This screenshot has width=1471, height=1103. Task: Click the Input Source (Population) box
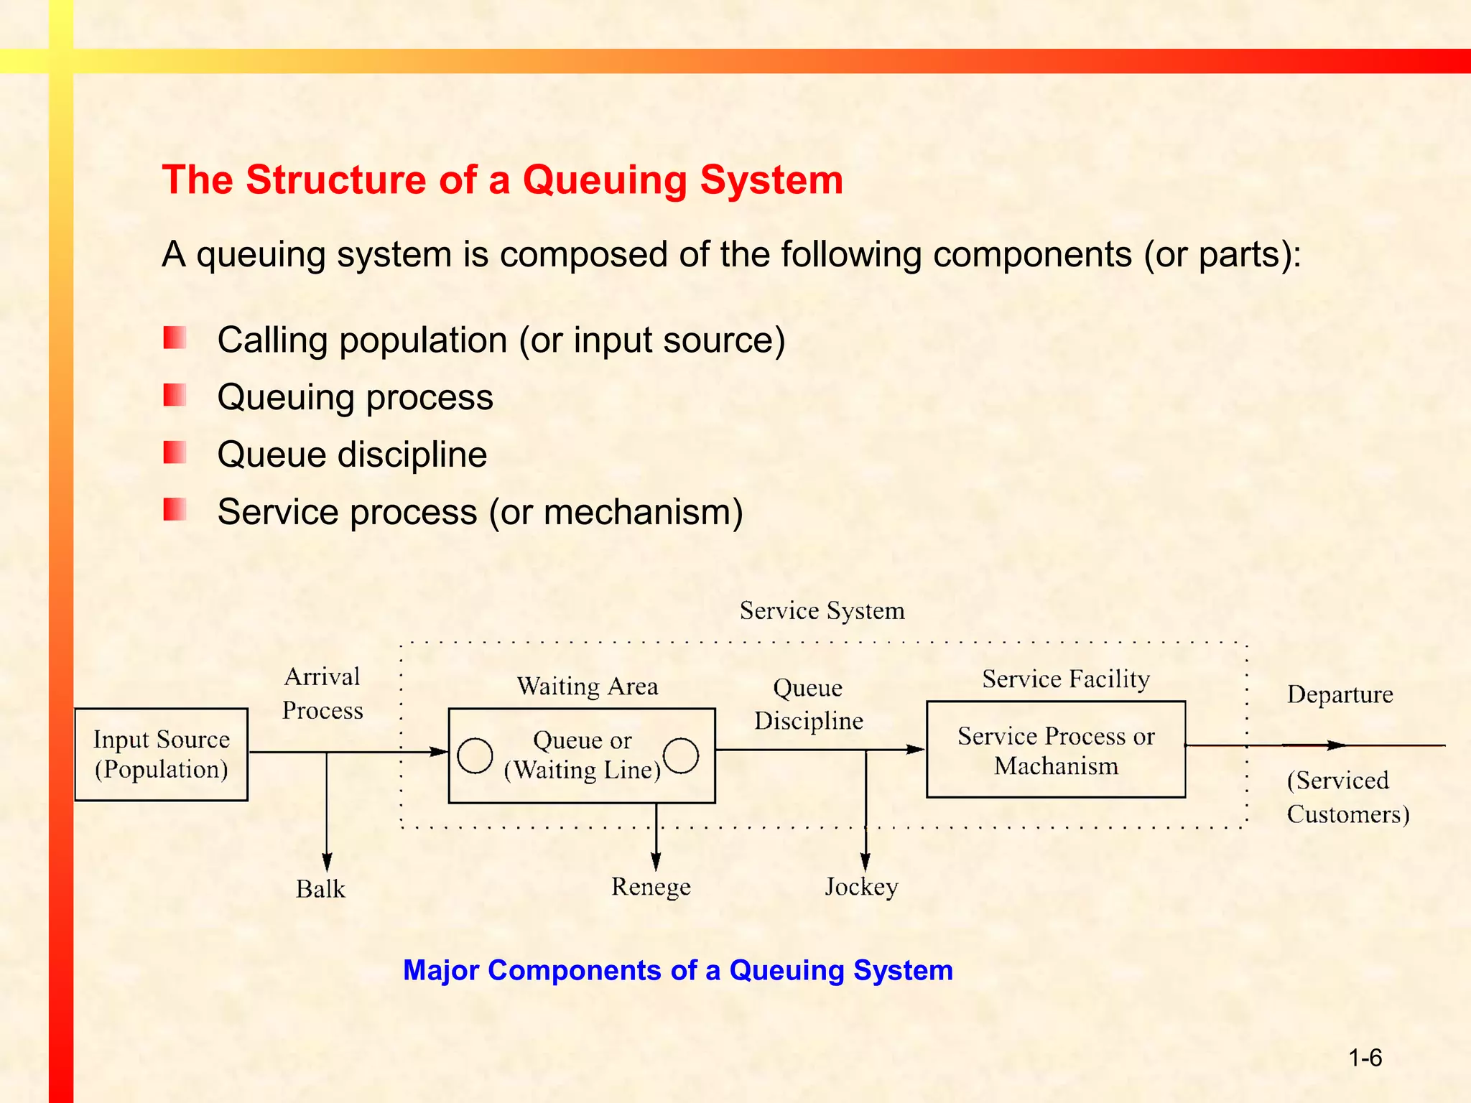[x=161, y=754]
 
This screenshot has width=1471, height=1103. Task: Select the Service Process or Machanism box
[x=1055, y=750]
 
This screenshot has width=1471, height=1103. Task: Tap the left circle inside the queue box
[x=475, y=755]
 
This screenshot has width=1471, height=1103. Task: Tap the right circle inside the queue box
[x=681, y=755]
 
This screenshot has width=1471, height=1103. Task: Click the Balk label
[x=320, y=889]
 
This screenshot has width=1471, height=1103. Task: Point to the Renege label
[x=651, y=887]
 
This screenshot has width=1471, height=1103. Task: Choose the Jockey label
[x=861, y=887]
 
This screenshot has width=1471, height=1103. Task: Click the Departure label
[x=1340, y=694]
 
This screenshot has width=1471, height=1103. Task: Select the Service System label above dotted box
[x=822, y=610]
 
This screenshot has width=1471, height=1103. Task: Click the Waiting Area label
[x=587, y=687]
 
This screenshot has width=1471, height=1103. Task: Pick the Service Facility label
[x=1066, y=679]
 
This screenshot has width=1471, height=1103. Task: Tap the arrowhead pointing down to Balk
[x=327, y=862]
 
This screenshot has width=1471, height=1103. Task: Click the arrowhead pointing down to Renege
[x=656, y=861]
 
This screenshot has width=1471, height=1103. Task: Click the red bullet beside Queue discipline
[x=175, y=452]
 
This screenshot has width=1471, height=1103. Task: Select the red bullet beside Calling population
[x=175, y=338]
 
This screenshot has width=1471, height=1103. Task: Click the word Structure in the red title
[x=336, y=180]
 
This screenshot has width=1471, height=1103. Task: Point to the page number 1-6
[x=1365, y=1058]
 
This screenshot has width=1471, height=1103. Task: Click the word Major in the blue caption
[x=441, y=970]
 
